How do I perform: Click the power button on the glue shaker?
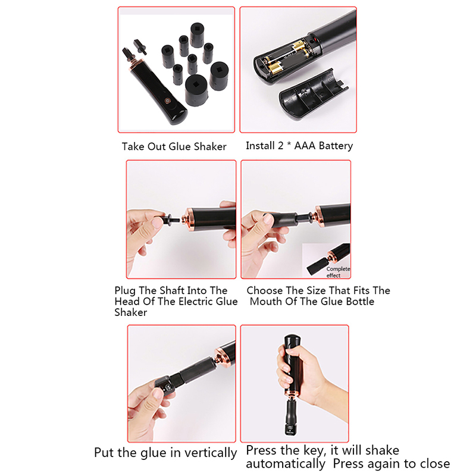(167, 101)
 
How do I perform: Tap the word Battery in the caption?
(336, 146)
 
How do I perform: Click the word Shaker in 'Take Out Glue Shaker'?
(210, 146)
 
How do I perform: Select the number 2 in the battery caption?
(280, 146)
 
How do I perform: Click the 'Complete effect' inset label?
(338, 272)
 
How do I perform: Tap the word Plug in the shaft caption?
(124, 291)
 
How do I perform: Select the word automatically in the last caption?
(286, 464)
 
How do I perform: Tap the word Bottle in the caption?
(360, 302)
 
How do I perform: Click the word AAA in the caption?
(305, 146)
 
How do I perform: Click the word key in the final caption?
(315, 451)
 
